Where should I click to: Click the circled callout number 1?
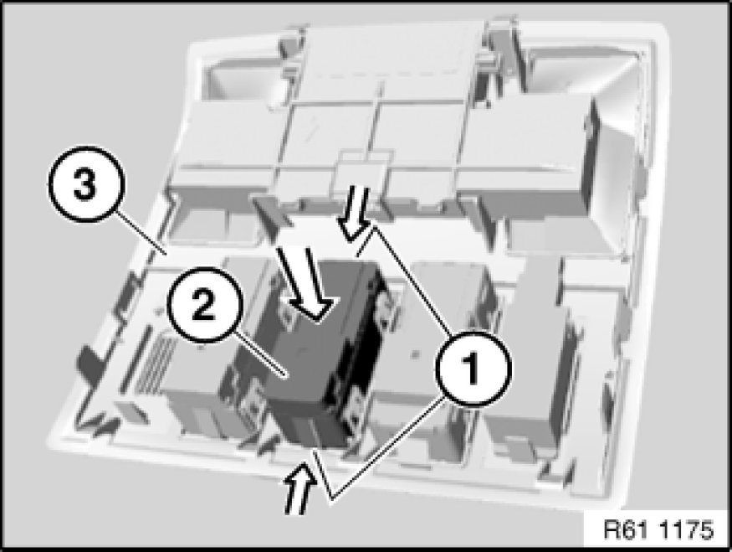coord(473,369)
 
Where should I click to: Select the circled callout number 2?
coord(204,305)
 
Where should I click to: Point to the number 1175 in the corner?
coord(687,529)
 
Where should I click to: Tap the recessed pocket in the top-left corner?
coord(243,77)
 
